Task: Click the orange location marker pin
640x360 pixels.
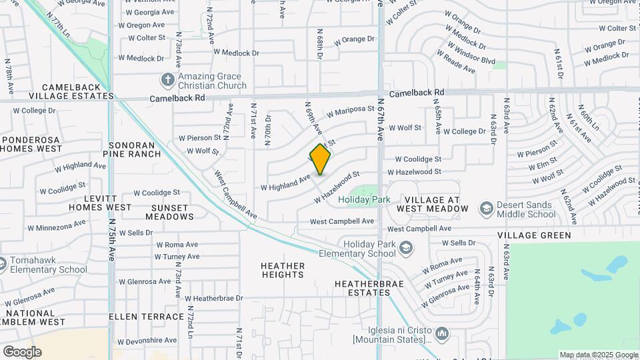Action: (320, 159)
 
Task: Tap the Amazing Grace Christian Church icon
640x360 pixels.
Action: (167, 81)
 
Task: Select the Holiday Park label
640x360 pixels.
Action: (363, 199)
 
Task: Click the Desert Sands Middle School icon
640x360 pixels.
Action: (486, 209)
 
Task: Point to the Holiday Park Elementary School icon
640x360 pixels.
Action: (405, 249)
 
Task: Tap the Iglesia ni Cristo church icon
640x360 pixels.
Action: (441, 332)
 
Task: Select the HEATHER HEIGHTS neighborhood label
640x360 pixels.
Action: (283, 270)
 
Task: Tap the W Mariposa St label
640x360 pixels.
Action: (350, 111)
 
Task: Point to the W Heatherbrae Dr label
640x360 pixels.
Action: (214, 299)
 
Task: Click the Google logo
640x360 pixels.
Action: (22, 352)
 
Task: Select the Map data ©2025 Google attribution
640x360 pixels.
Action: (598, 355)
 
